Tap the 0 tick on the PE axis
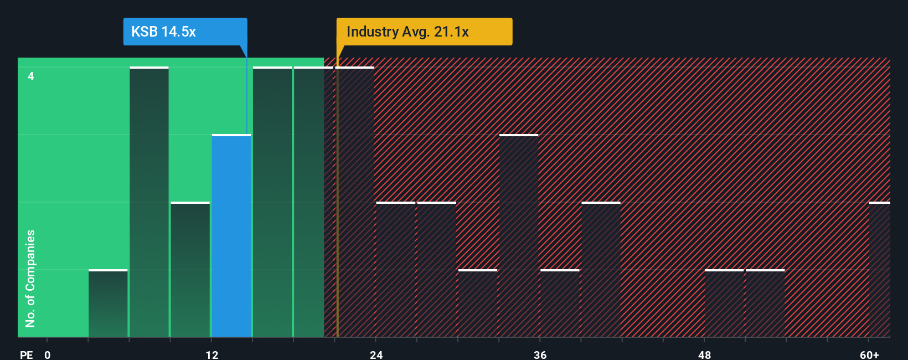48,354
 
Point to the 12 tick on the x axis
212,354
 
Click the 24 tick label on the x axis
376,354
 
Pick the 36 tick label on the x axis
540,354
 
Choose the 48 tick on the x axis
704,354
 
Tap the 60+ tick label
869,354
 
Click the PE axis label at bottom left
26,354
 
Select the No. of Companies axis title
30,278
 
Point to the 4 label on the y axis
31,76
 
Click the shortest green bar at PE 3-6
108,304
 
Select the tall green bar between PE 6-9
149,202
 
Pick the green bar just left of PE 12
190,270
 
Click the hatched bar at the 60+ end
879,270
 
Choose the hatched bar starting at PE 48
724,304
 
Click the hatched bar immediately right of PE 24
396,270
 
